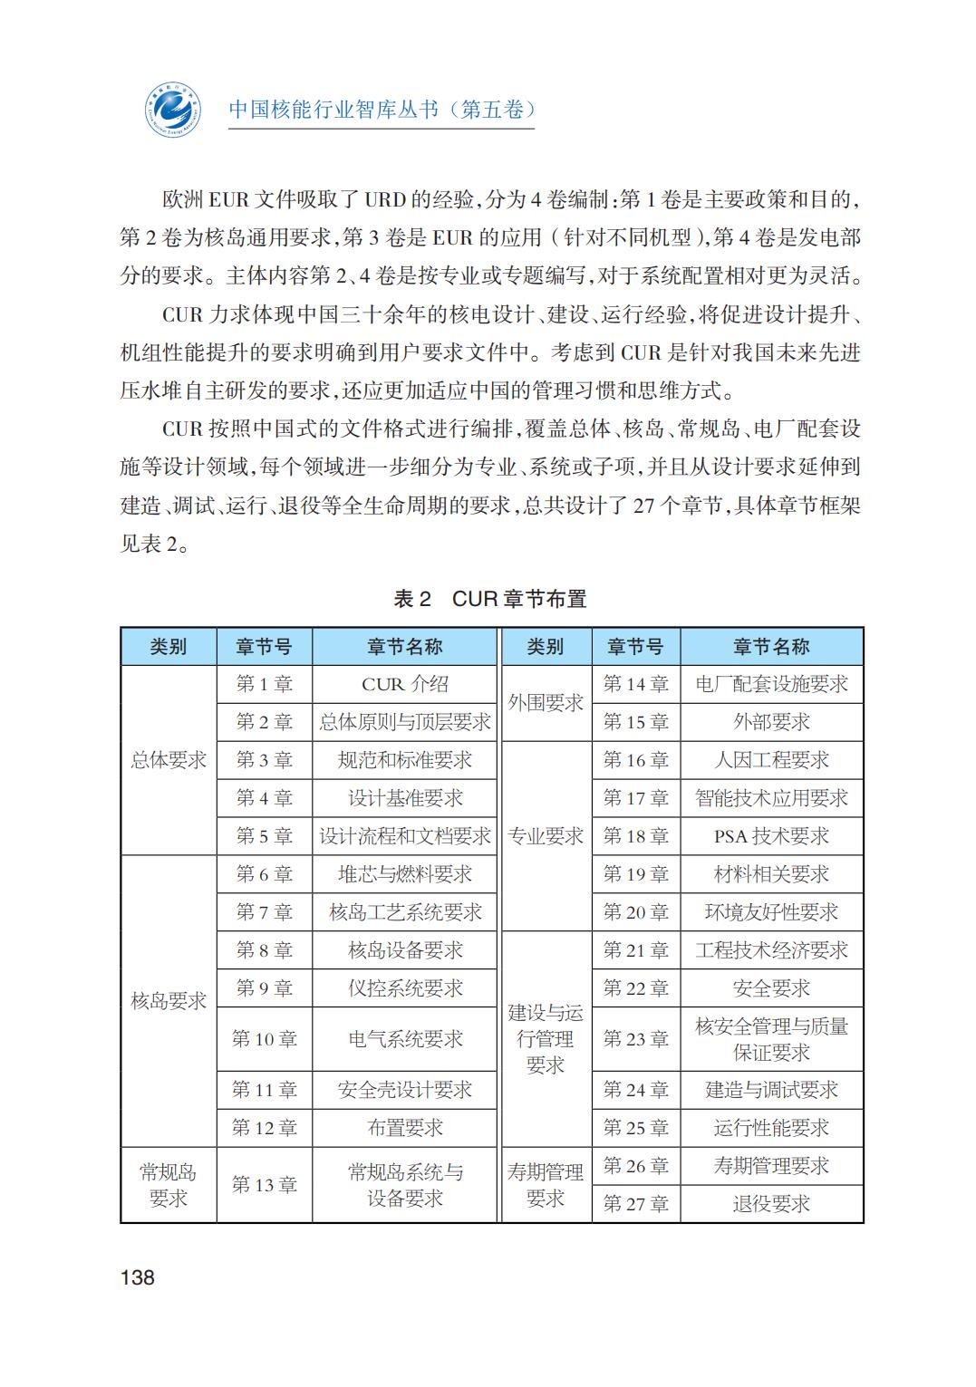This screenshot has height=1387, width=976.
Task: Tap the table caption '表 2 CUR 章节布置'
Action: click(490, 599)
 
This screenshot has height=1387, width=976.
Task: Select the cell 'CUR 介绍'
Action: click(405, 684)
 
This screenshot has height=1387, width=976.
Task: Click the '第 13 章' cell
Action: click(265, 1185)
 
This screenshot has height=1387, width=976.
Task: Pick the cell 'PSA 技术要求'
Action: click(771, 836)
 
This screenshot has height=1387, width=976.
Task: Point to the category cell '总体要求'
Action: click(169, 760)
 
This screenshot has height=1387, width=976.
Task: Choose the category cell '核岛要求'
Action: click(169, 1001)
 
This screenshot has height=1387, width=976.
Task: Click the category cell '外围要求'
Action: click(546, 703)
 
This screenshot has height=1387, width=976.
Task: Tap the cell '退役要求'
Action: click(771, 1204)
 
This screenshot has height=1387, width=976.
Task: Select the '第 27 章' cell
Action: click(636, 1204)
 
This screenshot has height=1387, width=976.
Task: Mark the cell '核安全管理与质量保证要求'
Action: click(771, 1039)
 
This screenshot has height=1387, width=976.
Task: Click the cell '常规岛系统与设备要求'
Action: click(405, 1185)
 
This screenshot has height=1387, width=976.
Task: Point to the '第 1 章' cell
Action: click(265, 684)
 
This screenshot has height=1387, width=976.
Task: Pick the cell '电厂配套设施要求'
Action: click(771, 684)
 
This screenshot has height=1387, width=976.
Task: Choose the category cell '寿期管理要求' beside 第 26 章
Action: click(546, 1185)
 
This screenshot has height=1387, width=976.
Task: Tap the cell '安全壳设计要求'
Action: click(405, 1090)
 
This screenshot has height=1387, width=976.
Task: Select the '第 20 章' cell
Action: click(636, 912)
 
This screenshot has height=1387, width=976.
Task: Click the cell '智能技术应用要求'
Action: click(771, 798)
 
